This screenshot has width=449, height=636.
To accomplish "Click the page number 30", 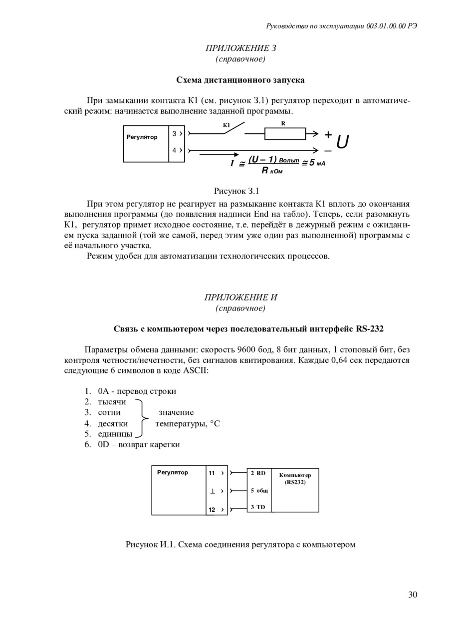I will click(413, 594).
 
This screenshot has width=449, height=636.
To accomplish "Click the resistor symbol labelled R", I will click(285, 134).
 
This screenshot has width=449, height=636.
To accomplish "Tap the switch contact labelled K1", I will click(233, 129).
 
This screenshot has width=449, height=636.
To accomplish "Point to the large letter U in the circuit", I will click(342, 142).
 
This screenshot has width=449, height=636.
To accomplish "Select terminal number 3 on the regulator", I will click(174, 134).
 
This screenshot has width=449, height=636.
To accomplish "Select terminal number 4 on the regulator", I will click(174, 150).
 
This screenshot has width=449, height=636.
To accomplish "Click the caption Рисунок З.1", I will click(236, 191).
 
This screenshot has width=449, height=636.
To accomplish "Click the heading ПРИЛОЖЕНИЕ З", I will click(240, 48).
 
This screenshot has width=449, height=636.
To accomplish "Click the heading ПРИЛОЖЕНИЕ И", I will click(240, 297).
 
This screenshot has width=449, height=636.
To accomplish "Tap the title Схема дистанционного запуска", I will click(240, 80).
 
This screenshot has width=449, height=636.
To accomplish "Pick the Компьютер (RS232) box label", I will click(295, 479).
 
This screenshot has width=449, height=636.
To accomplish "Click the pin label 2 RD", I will click(258, 473).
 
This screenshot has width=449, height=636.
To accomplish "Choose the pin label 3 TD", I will click(258, 507).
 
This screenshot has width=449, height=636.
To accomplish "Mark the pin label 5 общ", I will click(259, 490).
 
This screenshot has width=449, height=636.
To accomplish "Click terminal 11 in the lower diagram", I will click(212, 473).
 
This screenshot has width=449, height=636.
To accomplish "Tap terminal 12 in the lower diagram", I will click(212, 510).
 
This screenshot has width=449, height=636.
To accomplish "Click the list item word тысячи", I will click(112, 402).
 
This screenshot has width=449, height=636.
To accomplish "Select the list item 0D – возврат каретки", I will click(139, 444).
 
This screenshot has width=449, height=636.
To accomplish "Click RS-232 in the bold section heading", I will click(370, 329).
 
